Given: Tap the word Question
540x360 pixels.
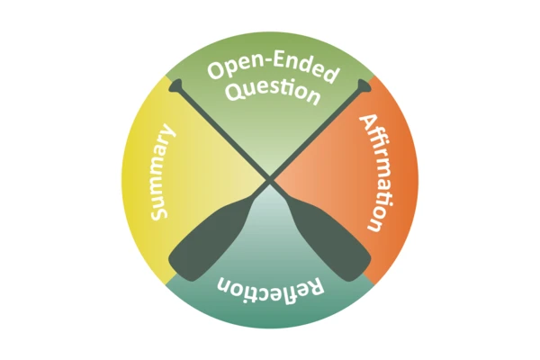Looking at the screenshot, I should (272, 91).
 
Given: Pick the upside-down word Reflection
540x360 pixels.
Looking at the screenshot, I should (270, 291).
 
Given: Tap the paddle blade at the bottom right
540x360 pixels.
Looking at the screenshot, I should (339, 240).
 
